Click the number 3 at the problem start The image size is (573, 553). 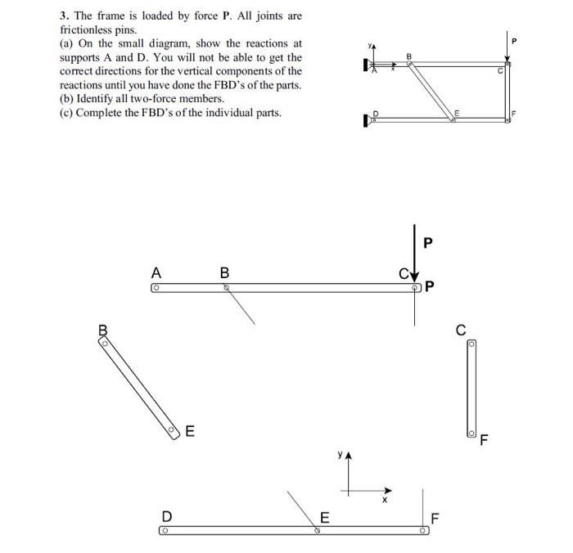pos(63,16)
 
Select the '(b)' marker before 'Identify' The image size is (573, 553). pos(68,99)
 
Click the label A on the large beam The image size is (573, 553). pos(156,273)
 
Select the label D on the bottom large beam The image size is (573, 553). pos(166,517)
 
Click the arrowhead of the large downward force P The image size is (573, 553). pos(416,276)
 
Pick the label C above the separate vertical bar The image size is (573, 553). pos(461,330)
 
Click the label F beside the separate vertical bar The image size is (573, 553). pos(484,443)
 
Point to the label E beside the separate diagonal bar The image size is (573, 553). pos(190,431)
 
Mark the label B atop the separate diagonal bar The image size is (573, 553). pos(103,331)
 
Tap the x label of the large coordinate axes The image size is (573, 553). pos(385,499)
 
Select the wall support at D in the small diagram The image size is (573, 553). pos(366,122)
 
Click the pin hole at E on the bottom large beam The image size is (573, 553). pos(317,531)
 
